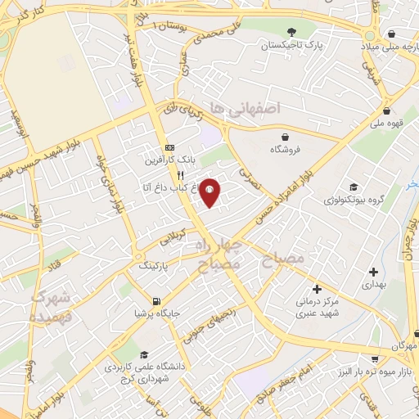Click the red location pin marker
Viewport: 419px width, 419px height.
point(210,191)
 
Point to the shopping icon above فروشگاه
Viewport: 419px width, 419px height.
point(285,137)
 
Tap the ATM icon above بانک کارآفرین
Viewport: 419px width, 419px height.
point(169,147)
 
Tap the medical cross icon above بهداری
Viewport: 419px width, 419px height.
point(373,272)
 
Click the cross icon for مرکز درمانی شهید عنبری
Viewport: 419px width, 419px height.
point(318,290)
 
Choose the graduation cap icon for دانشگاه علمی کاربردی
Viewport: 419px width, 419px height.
point(145,355)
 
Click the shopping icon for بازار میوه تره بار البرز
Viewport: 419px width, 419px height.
point(374,359)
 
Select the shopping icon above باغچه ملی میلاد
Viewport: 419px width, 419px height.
point(393,34)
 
